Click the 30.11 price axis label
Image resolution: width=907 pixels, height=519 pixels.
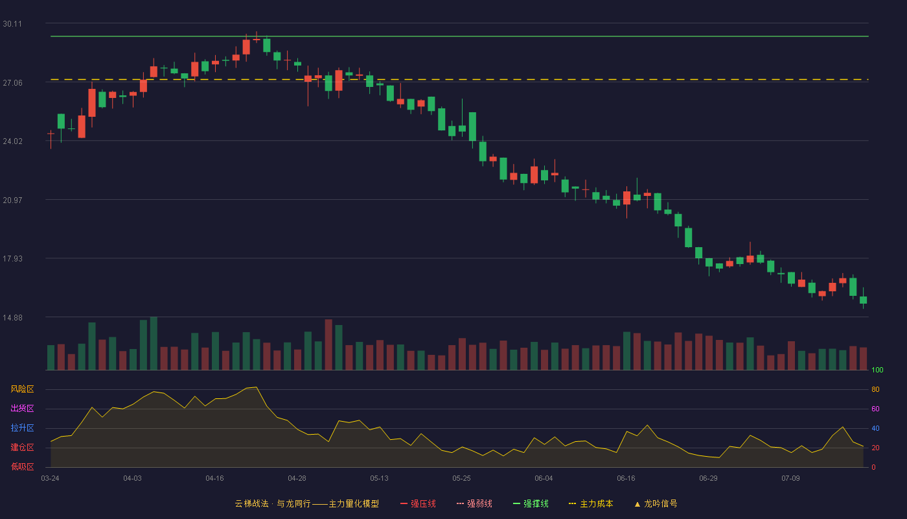point(12,24)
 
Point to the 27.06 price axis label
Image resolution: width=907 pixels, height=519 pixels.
point(12,83)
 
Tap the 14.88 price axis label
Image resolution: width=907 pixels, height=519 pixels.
point(12,318)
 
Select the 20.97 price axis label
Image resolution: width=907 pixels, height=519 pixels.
point(12,200)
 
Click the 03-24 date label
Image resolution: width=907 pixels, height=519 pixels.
point(51,479)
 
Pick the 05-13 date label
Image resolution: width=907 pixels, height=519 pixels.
point(379,479)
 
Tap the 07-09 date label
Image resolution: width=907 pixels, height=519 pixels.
point(790,479)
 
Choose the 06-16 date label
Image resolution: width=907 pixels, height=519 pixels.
point(626,479)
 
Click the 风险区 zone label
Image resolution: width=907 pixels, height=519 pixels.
point(22,389)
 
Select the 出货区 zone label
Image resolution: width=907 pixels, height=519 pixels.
point(22,408)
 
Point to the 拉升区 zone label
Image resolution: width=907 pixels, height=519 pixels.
point(22,428)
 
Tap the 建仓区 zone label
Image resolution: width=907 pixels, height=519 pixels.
point(22,447)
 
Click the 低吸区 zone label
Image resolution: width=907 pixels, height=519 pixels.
point(22,466)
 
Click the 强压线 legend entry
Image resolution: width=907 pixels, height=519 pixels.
point(418,503)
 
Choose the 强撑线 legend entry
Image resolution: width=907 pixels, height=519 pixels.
point(531,503)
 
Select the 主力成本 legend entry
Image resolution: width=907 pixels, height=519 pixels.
point(591,503)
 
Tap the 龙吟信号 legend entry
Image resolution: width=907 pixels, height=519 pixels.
point(656,503)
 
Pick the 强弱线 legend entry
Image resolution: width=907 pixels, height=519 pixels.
point(474,503)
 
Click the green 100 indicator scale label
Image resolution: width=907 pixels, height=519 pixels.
point(877,370)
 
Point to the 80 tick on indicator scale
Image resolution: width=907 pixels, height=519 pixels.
point(875,389)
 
